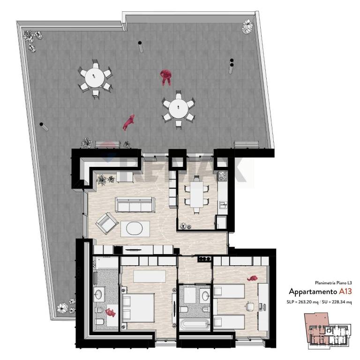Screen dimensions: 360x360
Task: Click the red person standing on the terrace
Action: (165, 77)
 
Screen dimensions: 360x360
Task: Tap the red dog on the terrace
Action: (128, 123)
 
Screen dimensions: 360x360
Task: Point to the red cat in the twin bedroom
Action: (252, 278)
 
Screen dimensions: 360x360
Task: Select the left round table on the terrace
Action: (95, 78)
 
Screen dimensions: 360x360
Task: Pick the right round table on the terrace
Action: (179, 109)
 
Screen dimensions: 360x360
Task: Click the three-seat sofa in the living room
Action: (135, 204)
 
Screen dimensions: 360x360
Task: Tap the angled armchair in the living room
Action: (107, 224)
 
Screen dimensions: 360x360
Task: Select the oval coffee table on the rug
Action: (135, 229)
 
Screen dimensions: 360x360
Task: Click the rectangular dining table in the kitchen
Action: (197, 194)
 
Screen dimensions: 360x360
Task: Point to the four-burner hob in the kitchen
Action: (222, 176)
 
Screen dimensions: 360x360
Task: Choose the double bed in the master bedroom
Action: (138, 308)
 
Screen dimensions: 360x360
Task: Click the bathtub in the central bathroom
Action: (195, 324)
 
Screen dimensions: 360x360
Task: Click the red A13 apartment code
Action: (345, 292)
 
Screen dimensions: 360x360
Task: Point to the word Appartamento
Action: (313, 292)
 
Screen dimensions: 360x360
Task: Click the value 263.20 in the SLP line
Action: (305, 302)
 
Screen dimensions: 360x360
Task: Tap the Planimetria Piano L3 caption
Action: (333, 283)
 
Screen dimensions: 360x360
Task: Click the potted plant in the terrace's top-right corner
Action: (247, 26)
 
